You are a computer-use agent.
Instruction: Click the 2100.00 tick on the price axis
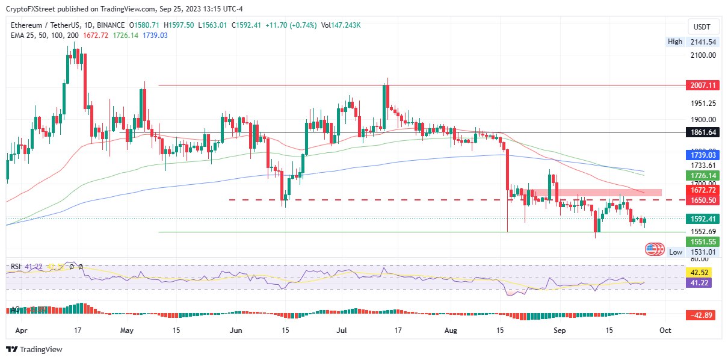coord(703,55)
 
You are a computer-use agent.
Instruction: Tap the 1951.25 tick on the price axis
coord(703,102)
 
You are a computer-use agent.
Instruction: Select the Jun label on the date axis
coord(236,331)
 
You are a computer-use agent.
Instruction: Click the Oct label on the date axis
coord(665,331)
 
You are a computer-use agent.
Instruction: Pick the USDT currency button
coord(702,27)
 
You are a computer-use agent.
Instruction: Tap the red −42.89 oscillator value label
coord(700,315)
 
